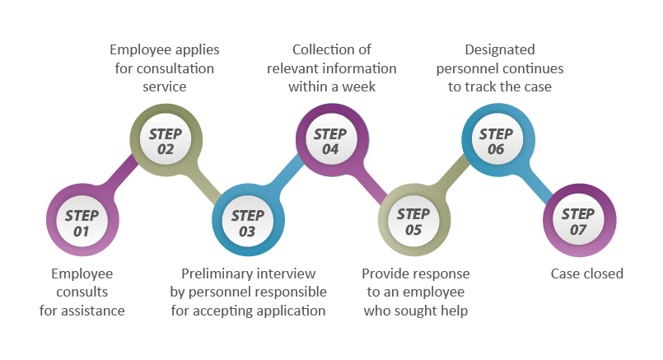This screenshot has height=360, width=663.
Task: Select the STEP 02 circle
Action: point(166,142)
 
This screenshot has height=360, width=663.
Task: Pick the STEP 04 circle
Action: point(330,142)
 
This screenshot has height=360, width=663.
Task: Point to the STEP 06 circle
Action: point(496,142)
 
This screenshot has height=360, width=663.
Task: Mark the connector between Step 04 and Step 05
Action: point(372,183)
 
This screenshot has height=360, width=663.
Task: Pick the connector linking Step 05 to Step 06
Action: point(455,181)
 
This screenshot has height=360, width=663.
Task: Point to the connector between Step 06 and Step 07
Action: point(538,183)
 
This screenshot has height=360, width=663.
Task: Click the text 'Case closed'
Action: point(586,274)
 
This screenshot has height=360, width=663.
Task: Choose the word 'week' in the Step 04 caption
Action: point(360,86)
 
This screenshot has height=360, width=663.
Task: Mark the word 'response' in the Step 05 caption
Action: point(441,274)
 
